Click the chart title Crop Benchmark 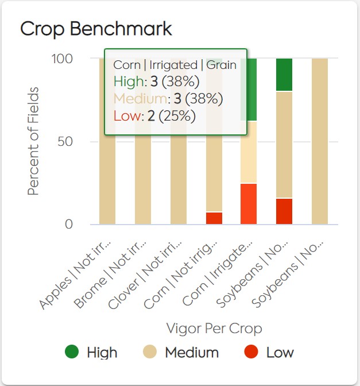(x=96, y=29)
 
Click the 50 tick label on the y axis (x=65, y=141)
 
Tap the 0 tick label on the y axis (x=69, y=224)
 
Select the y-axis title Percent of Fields (x=34, y=141)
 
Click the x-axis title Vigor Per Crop (x=214, y=329)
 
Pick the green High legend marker (x=71, y=352)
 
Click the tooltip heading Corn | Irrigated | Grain (x=175, y=65)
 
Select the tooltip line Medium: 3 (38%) (x=168, y=99)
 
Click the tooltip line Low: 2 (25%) (x=155, y=116)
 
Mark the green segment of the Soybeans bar (x=284, y=75)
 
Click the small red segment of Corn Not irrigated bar (x=214, y=218)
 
